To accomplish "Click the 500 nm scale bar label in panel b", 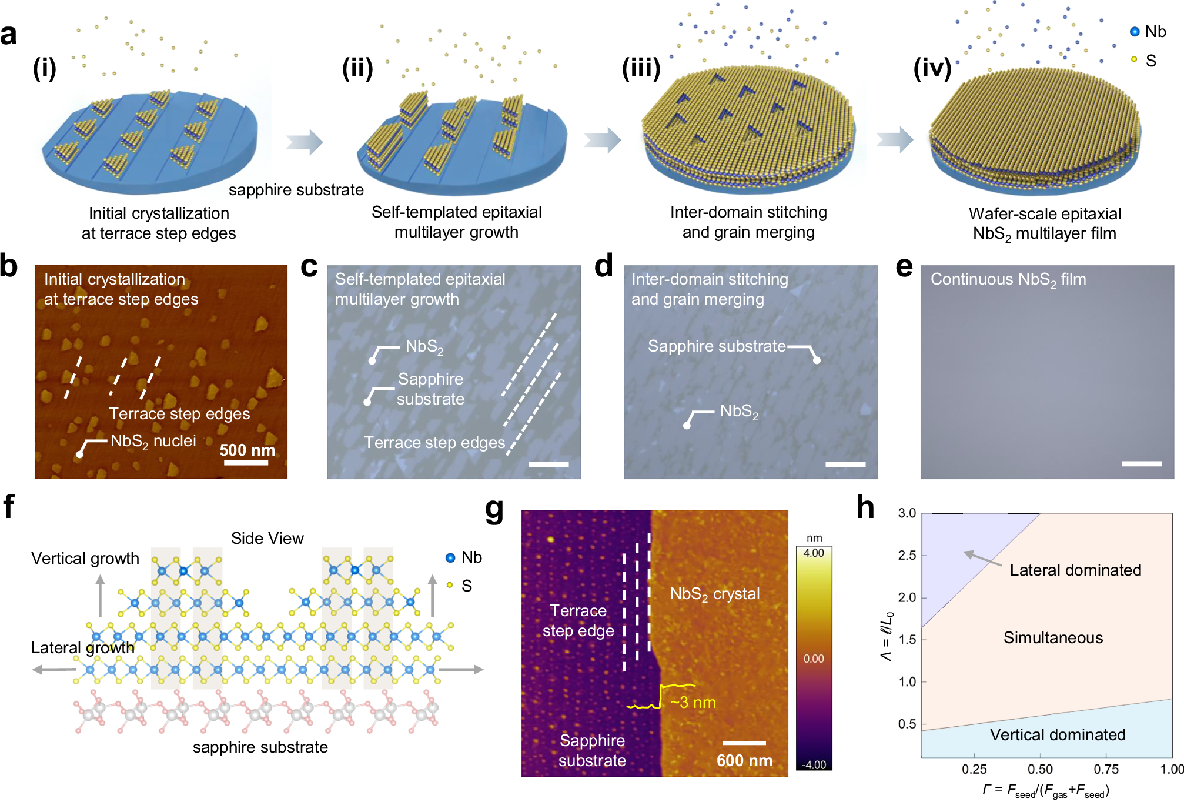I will [x=247, y=450].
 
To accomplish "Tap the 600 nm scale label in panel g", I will [x=744, y=760].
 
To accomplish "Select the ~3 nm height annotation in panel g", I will [x=693, y=702].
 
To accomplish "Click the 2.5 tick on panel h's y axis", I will [x=907, y=555].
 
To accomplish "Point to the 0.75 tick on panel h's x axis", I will [x=1106, y=769].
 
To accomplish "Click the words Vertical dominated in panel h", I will [x=1058, y=734].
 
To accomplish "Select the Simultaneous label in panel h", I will [x=1053, y=637].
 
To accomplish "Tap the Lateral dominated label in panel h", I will [x=1075, y=570].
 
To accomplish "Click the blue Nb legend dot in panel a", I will [x=1135, y=32].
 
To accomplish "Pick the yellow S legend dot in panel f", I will [x=450, y=585].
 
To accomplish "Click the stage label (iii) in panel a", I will [x=641, y=68].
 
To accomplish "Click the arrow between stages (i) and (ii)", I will [x=305, y=142].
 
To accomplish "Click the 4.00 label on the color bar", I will [x=814, y=553].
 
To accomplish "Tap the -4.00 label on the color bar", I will [x=814, y=764].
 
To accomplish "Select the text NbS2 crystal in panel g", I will [x=715, y=594].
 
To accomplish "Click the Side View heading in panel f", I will [x=267, y=538].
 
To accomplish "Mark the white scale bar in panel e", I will [x=1141, y=464].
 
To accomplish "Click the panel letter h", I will [x=865, y=507].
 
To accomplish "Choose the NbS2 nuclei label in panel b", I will [x=153, y=441].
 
